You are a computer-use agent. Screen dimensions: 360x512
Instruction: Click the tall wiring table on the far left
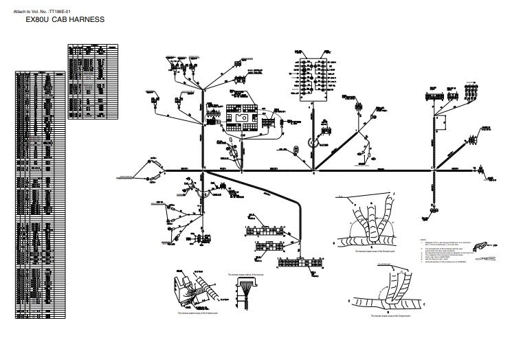38,192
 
